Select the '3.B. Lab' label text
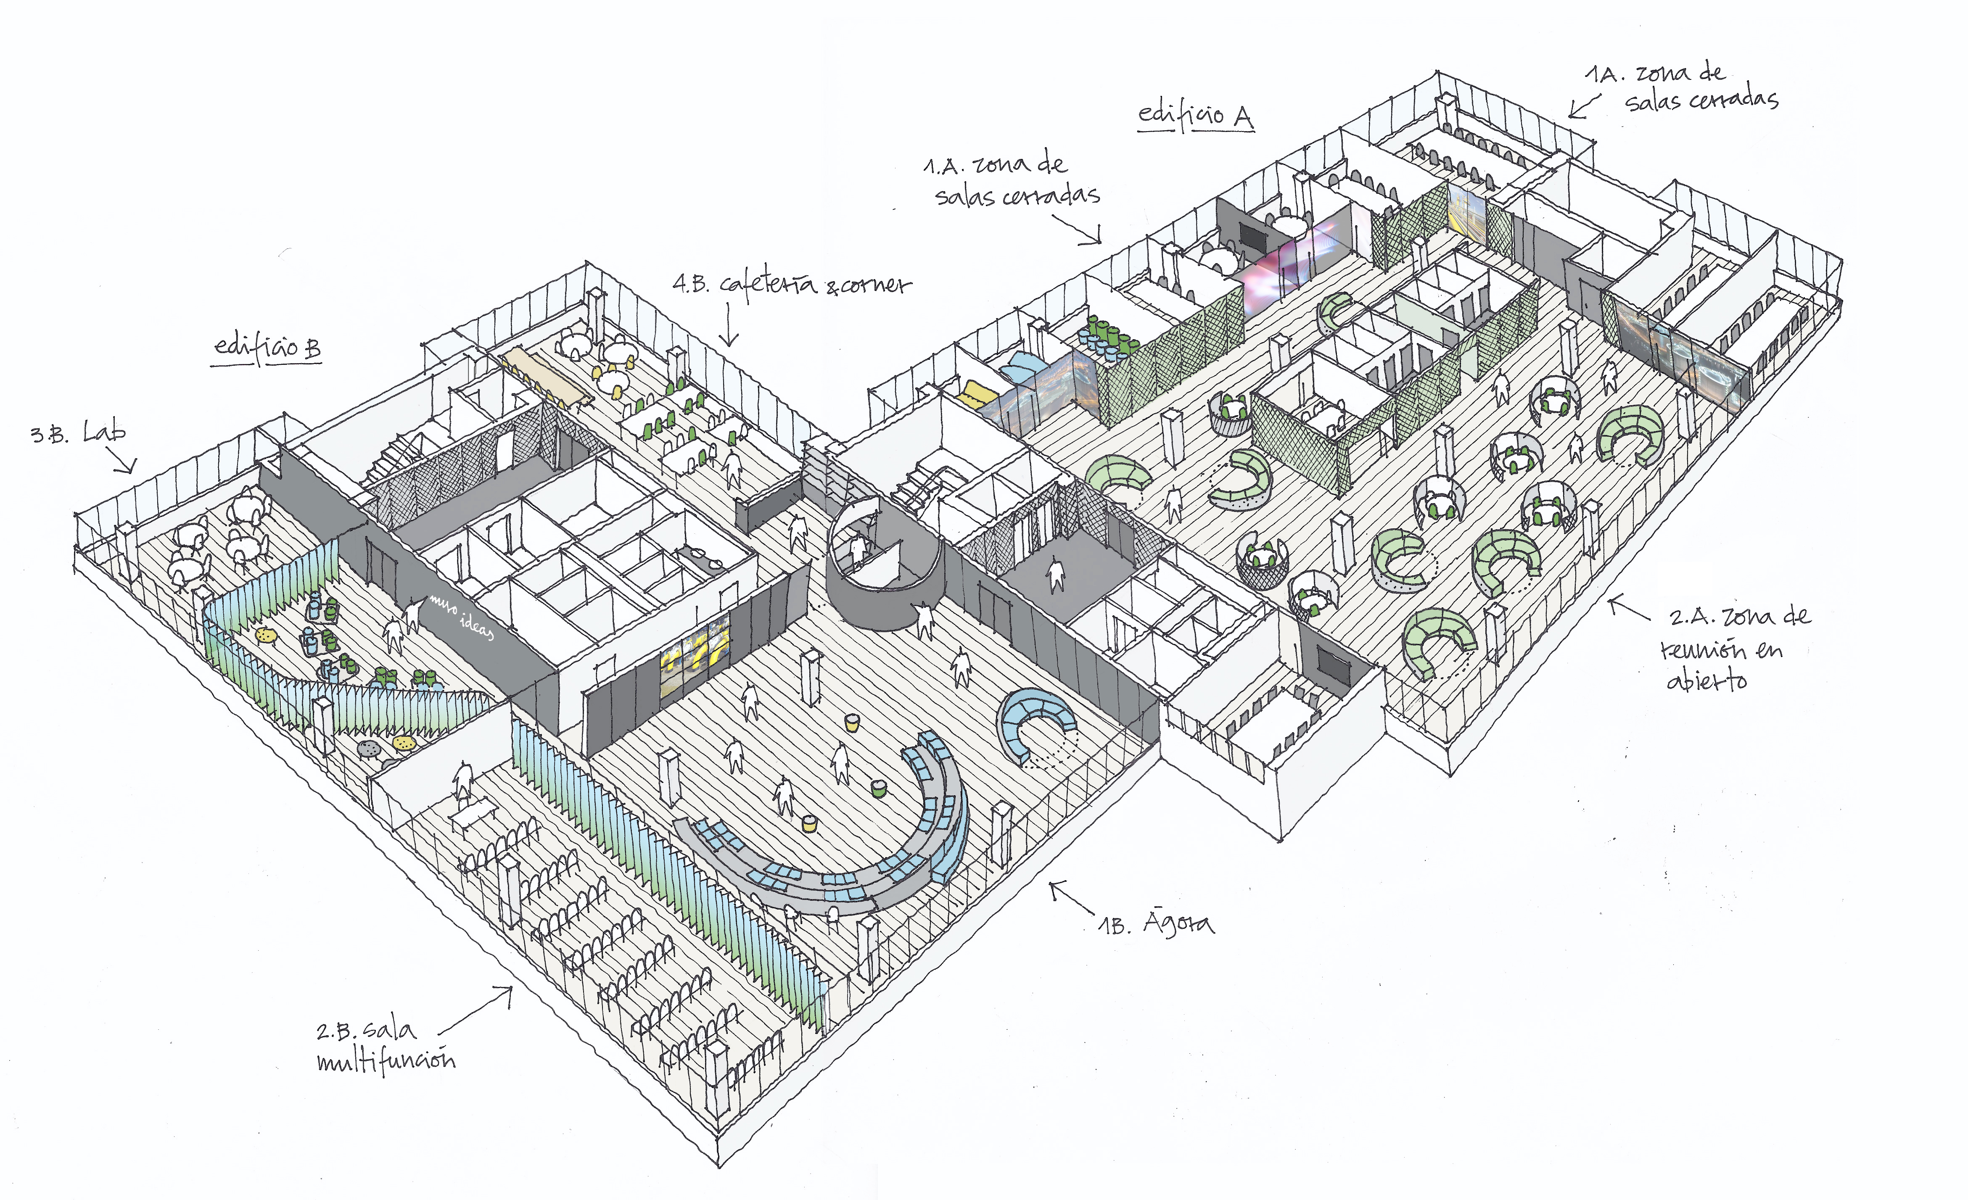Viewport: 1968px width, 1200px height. [x=78, y=433]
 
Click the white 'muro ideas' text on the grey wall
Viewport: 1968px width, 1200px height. [x=462, y=616]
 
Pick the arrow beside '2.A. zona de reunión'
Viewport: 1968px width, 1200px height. [x=1628, y=608]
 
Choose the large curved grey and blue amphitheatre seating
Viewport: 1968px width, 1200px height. [x=847, y=855]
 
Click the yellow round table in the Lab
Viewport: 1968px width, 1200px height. [x=266, y=636]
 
